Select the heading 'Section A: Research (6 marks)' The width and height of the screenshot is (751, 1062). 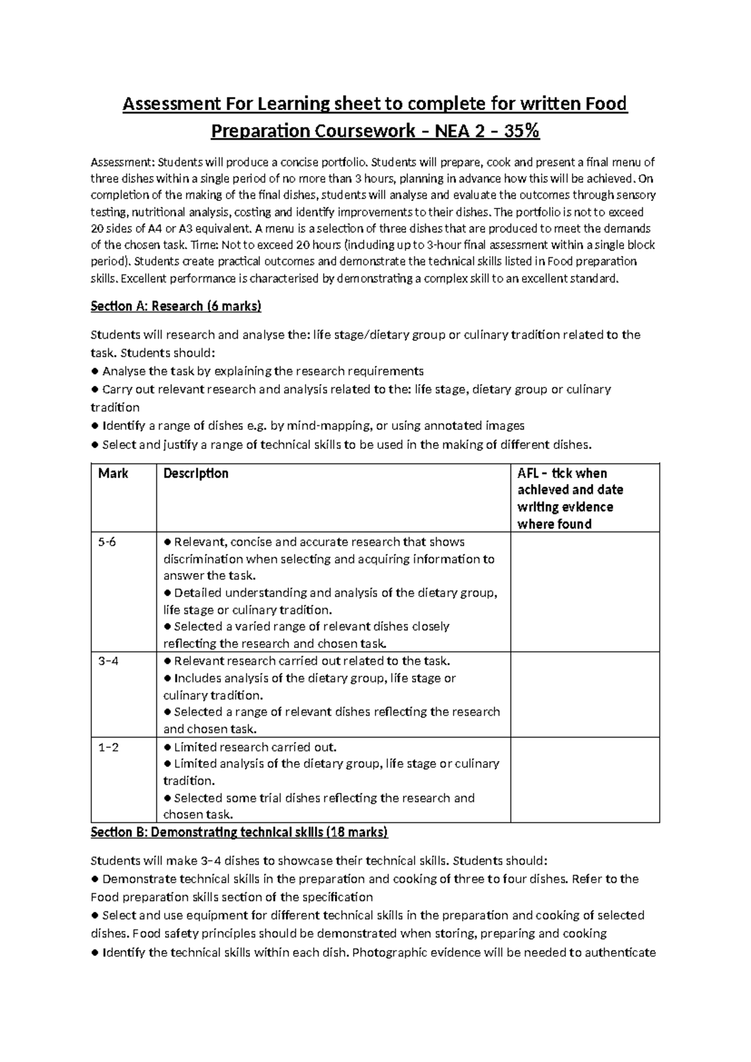click(176, 306)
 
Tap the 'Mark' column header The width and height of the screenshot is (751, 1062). click(113, 473)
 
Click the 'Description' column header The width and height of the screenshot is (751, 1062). click(196, 473)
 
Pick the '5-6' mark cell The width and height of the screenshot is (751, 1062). click(107, 542)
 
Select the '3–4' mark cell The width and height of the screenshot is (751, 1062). click(108, 661)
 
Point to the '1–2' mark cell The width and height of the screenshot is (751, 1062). click(108, 747)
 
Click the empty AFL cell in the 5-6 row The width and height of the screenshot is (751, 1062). click(585, 592)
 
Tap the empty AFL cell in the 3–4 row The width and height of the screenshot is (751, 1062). click(585, 694)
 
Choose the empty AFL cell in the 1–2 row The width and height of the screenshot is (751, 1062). click(585, 780)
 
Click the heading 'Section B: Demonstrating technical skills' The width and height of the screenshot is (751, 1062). click(239, 832)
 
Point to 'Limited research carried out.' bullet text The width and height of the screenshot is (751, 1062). click(255, 747)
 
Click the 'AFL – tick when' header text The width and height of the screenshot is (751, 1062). click(561, 473)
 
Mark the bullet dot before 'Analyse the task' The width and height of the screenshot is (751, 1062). click(95, 371)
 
